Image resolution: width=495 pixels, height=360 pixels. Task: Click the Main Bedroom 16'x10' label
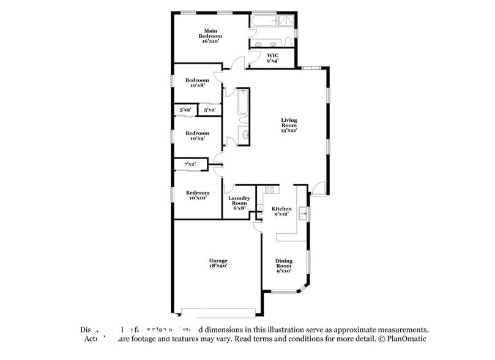(x=209, y=36)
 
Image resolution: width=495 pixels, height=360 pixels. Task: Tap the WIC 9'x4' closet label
(x=272, y=58)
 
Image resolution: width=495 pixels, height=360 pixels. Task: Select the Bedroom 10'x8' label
(x=197, y=83)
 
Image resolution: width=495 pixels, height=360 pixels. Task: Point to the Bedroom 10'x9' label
(x=197, y=135)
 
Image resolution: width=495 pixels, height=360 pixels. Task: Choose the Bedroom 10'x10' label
(x=197, y=195)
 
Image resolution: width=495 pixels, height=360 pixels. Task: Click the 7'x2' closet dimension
(x=190, y=163)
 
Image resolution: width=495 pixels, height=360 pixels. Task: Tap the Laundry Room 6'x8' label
(x=239, y=203)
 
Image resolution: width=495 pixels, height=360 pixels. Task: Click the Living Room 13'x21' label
(x=289, y=125)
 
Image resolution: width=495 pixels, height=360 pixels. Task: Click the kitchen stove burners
(x=268, y=190)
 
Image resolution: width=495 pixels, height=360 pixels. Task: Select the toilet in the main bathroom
(x=287, y=42)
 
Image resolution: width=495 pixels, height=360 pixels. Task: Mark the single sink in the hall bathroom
(x=243, y=135)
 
